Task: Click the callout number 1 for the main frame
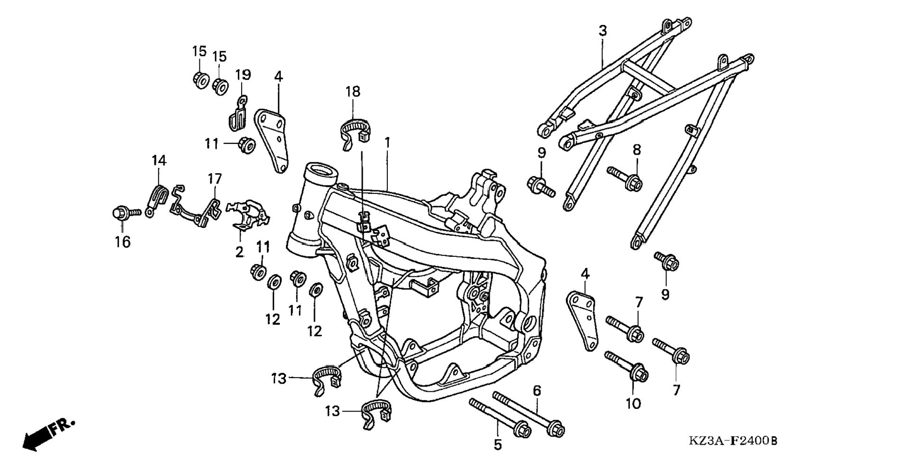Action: (x=387, y=142)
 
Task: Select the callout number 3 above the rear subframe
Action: (x=602, y=31)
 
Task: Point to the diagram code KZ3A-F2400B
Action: (x=733, y=441)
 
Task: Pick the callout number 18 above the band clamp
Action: (x=353, y=92)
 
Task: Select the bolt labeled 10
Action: (x=626, y=367)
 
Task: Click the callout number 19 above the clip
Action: (x=243, y=75)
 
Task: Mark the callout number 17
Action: (x=215, y=179)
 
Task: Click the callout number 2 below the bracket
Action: (x=240, y=252)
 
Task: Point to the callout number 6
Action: (x=537, y=391)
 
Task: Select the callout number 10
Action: (x=633, y=404)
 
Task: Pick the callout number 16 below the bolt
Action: (x=122, y=242)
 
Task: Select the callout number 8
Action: (x=637, y=150)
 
